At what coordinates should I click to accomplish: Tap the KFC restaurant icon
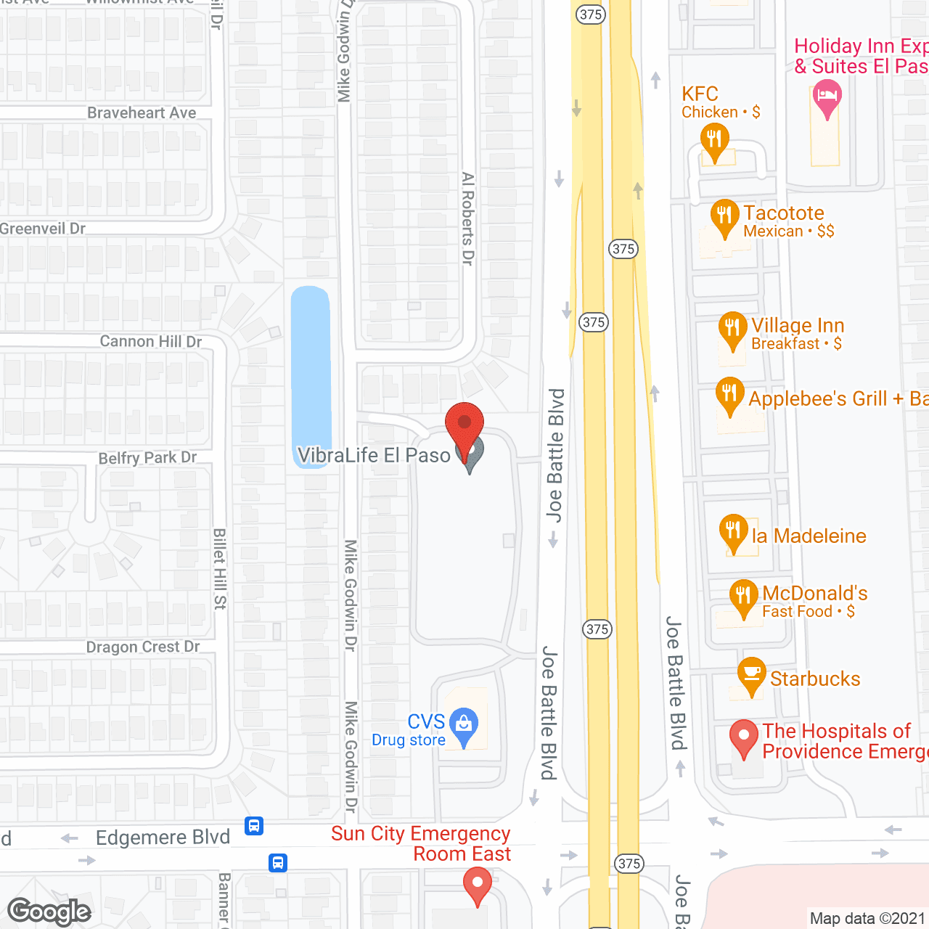pos(714,140)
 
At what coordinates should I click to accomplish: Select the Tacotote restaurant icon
pos(724,216)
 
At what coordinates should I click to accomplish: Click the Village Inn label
pos(797,326)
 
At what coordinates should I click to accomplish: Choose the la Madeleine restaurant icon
pos(733,531)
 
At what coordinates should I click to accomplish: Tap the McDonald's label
pos(814,594)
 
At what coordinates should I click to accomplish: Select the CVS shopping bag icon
pos(464,724)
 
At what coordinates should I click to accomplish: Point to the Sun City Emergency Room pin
pos(478,885)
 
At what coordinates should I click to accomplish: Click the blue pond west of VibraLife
pos(311,374)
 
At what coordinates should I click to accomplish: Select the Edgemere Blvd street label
pos(163,838)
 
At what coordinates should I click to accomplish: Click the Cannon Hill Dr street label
pos(150,341)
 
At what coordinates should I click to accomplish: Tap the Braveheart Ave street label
pos(142,112)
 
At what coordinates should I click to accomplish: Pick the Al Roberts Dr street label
pos(468,218)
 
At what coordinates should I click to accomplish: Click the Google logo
pos(49,912)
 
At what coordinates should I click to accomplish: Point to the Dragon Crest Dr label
pos(142,647)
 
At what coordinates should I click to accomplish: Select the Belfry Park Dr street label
pos(147,458)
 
